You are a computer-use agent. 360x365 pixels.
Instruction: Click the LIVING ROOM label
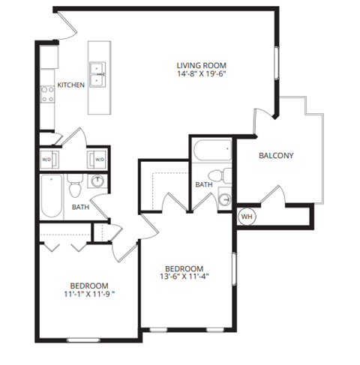click(201, 65)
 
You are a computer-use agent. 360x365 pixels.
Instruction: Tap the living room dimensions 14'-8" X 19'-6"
click(201, 75)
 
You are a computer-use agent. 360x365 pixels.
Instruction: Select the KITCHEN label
click(71, 86)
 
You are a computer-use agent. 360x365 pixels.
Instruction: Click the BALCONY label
click(275, 157)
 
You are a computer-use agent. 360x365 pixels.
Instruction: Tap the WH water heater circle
click(246, 217)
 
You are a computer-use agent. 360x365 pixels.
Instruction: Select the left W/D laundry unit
click(47, 159)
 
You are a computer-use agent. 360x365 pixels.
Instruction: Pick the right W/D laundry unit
click(97, 159)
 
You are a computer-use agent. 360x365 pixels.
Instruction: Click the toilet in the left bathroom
click(73, 183)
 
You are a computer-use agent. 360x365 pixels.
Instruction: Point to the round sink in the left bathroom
click(97, 181)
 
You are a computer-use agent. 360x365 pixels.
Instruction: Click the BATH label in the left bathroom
click(81, 208)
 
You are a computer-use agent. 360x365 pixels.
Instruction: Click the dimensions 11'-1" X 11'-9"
click(90, 295)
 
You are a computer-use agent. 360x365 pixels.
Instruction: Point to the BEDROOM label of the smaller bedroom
click(90, 286)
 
